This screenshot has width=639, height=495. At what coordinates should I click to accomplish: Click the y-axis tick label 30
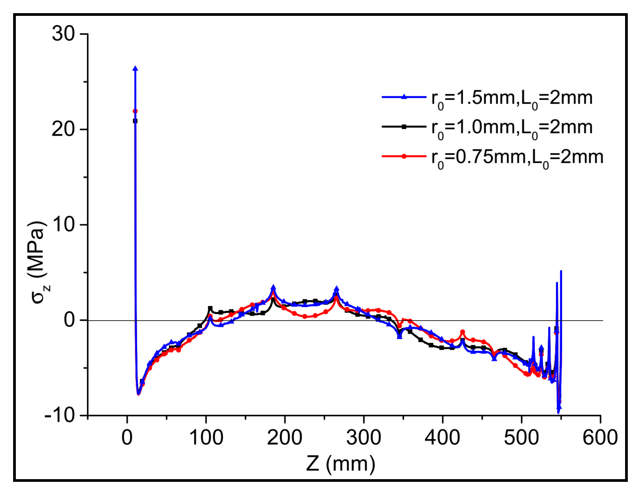tap(63, 34)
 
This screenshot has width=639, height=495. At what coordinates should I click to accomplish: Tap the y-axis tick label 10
tap(63, 224)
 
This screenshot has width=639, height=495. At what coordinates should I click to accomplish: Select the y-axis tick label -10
tap(60, 416)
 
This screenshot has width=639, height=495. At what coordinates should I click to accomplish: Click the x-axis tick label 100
tap(206, 438)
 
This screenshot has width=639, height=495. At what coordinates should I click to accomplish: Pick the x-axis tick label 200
tap(285, 438)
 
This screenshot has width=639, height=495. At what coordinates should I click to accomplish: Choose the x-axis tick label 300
tap(363, 438)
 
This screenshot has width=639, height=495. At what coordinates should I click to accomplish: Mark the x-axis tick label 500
tap(521, 438)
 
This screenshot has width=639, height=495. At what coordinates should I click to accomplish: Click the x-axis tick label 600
tap(600, 438)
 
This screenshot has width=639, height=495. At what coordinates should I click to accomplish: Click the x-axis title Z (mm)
tap(341, 463)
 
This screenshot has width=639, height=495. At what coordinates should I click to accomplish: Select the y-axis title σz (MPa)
tap(39, 263)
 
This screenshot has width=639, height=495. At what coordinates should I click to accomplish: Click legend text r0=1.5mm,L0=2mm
tap(512, 99)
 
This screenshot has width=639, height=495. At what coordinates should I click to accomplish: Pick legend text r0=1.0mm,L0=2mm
tap(512, 128)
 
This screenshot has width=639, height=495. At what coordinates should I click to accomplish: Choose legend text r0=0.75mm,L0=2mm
tap(517, 158)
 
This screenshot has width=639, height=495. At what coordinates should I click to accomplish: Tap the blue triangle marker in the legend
tap(404, 97)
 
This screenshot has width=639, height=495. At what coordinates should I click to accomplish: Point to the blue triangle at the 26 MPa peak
tap(135, 69)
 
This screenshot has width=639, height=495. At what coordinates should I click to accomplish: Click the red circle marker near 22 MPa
tap(135, 111)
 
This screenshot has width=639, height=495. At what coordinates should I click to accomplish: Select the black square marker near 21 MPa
tap(135, 121)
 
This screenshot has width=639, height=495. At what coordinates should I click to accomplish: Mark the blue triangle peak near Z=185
tap(273, 287)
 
